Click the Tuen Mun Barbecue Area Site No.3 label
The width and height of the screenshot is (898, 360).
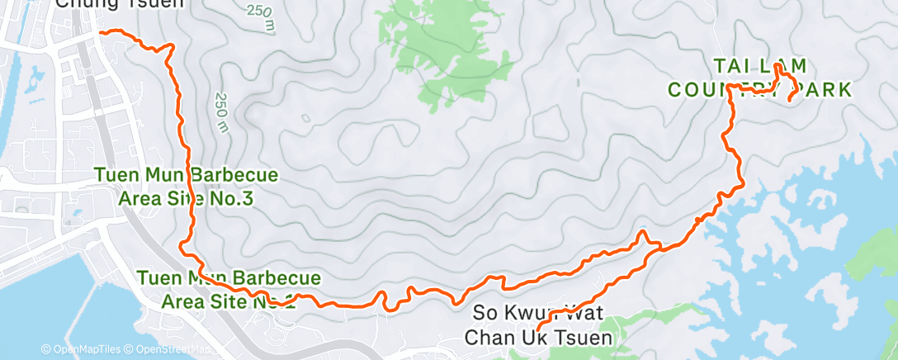[x=186, y=187]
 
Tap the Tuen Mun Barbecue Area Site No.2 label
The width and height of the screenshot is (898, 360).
[x=218, y=288]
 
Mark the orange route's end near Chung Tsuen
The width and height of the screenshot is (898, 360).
[x=101, y=32]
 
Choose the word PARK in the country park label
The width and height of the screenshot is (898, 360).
[x=816, y=90]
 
